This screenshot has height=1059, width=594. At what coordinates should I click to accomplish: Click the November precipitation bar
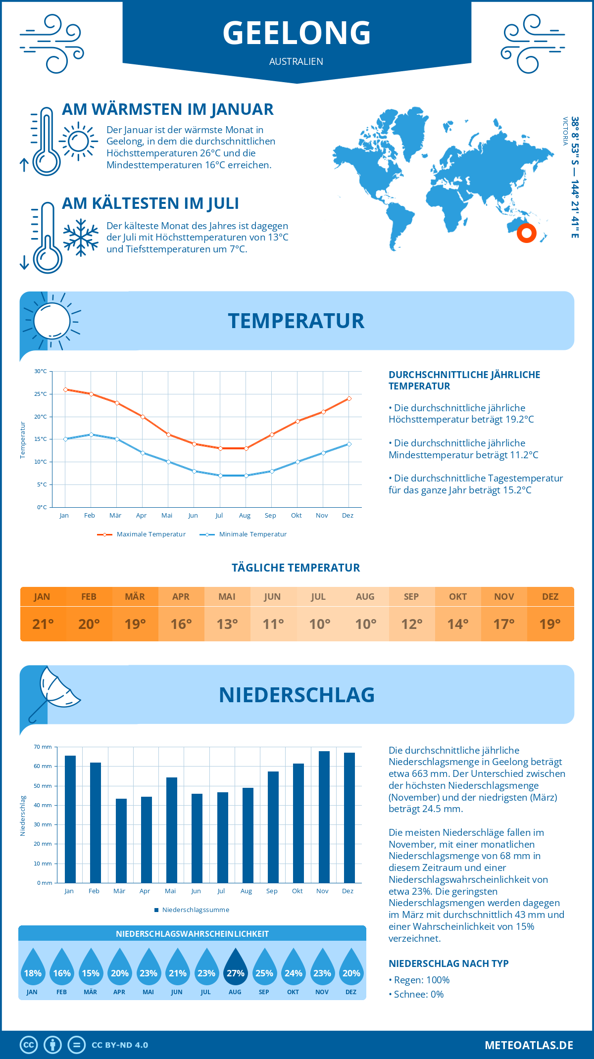click(x=324, y=817)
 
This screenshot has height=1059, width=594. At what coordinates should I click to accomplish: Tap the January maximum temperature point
click(x=65, y=389)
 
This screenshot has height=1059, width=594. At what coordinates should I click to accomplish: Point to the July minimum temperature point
click(x=220, y=476)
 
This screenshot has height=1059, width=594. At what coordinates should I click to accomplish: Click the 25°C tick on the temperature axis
click(x=41, y=394)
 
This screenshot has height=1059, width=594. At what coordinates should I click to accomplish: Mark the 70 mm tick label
click(x=43, y=747)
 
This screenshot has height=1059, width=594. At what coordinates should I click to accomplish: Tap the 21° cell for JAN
click(x=43, y=624)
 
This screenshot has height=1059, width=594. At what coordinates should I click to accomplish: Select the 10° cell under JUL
click(x=319, y=624)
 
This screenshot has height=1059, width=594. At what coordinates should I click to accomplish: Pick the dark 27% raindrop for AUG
click(x=235, y=967)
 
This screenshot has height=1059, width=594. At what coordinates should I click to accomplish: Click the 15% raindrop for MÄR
click(x=91, y=967)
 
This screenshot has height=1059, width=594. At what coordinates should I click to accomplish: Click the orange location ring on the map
click(x=526, y=233)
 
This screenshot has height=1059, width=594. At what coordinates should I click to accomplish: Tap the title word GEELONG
click(x=297, y=33)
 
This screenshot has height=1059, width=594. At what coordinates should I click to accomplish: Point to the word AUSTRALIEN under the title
click(x=296, y=61)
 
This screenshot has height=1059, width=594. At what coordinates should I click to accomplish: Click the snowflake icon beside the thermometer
click(x=81, y=237)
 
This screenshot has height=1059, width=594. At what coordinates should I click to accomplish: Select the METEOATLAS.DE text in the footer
click(x=529, y=1045)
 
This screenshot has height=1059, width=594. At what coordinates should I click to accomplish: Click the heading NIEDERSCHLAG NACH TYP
click(x=448, y=963)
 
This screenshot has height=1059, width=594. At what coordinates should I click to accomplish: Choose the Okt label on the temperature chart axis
click(x=296, y=516)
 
